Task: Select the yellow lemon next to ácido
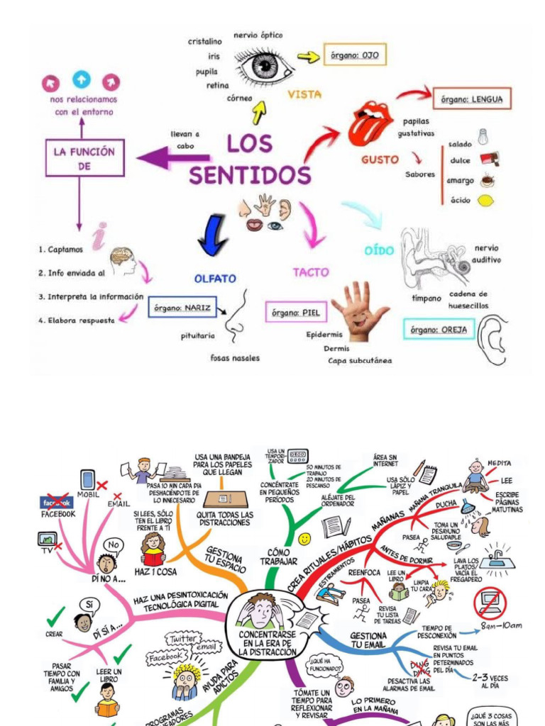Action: pos(485,201)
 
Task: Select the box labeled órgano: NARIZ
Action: pos(184,309)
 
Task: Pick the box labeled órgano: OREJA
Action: pos(439,329)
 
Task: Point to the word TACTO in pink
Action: pos(311,272)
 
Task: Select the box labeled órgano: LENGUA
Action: pos(471,99)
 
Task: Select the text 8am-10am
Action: pos(501,625)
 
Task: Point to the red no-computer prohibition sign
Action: pos(490,603)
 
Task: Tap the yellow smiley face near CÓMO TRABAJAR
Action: pos(304,540)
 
